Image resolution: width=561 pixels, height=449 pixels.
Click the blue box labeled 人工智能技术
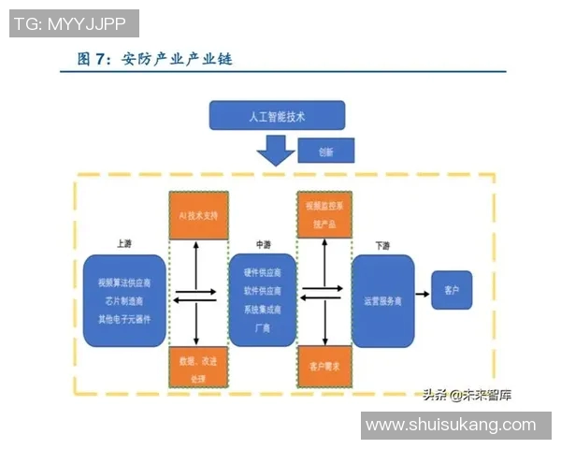point(277,117)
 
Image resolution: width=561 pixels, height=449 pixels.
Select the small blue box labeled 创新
point(326,151)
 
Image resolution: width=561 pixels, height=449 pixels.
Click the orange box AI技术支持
point(198,215)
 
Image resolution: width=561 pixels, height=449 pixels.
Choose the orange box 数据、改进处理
point(198,368)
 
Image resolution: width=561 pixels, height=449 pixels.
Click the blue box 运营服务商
point(382,301)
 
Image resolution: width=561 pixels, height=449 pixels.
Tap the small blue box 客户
point(451,290)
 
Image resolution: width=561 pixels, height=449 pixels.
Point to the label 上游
point(124,243)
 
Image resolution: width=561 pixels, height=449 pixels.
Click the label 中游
point(263,244)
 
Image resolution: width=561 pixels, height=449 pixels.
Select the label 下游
point(382,245)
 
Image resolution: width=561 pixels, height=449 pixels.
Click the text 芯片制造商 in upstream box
point(124,300)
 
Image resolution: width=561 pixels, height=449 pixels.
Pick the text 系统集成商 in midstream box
point(263,309)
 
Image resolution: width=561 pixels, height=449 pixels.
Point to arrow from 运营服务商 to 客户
point(422,295)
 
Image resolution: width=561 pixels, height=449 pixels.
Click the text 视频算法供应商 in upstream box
point(124,282)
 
